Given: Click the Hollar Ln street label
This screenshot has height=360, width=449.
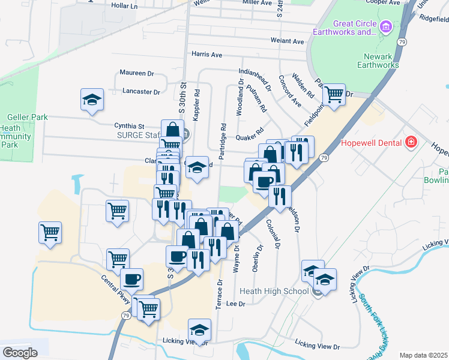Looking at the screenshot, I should point(125,6).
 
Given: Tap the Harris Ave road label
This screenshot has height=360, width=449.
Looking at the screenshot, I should point(207,55).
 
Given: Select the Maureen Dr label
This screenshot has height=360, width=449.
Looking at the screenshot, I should point(137,73).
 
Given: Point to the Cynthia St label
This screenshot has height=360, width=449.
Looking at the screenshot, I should point(130,126).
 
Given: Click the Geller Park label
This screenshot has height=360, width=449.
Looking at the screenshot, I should point(28,118).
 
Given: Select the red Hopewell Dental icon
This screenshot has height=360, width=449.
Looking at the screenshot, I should point(411,142).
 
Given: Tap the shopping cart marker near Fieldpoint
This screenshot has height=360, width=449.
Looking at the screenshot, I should point(334,94).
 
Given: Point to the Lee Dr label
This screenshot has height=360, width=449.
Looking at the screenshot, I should point(238,304).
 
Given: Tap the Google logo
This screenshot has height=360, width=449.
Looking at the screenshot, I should point(20,353).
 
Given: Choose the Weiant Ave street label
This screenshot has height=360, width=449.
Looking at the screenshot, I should point(288,41).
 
